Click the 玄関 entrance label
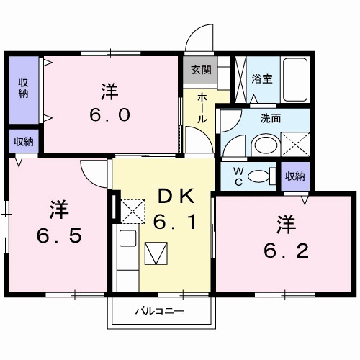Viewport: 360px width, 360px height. (x=202, y=70)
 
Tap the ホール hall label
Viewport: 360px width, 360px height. (x=202, y=108)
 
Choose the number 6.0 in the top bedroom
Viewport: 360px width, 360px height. (x=109, y=104)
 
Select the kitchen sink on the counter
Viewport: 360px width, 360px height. (x=127, y=238)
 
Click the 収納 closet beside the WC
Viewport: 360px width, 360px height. (x=294, y=175)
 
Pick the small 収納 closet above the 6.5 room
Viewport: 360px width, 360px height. (x=24, y=141)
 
